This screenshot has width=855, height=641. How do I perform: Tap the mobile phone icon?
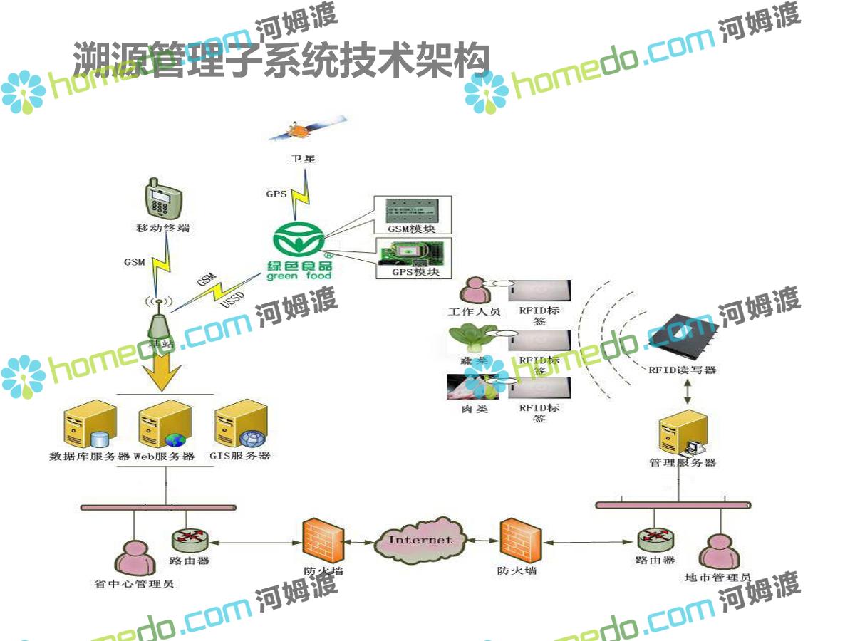pyautogui.click(x=162, y=199)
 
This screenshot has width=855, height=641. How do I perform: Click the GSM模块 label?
pyautogui.click(x=412, y=229)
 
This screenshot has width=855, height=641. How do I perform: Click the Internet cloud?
pyautogui.click(x=420, y=540)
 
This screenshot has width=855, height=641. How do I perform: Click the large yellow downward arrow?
pyautogui.click(x=161, y=367)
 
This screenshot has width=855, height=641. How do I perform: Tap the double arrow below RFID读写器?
pyautogui.click(x=688, y=392)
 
